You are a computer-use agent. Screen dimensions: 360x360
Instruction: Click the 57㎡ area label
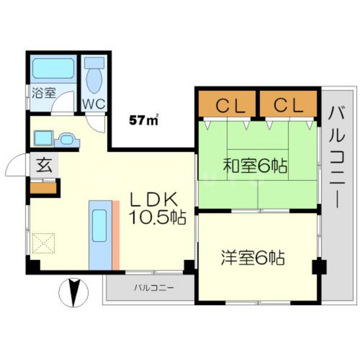tap(143, 119)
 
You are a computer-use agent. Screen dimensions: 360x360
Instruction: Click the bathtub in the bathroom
tap(53, 70)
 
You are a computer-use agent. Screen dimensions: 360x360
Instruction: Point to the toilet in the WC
tap(93, 78)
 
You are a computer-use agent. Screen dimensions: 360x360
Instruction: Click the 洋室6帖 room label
tap(251, 258)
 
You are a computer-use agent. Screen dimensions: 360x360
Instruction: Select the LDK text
tap(154, 199)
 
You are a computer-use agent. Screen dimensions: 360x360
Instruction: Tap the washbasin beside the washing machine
tap(66, 138)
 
